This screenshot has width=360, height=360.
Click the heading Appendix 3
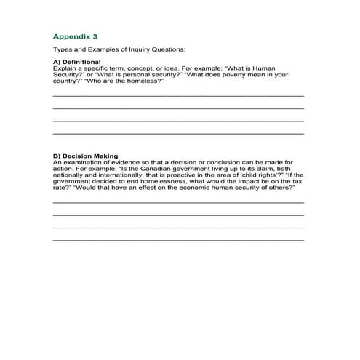(75, 34)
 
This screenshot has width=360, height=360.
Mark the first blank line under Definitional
(178, 95)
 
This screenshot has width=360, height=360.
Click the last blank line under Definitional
(178, 134)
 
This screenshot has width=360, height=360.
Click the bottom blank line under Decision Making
(178, 240)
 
